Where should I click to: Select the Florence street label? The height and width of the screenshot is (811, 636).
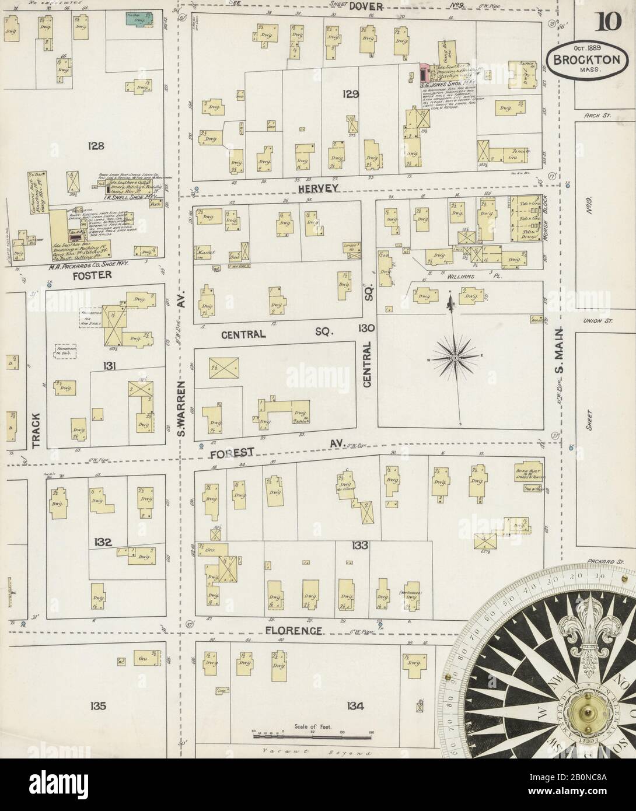pos(293,631)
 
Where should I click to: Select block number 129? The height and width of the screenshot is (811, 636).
pos(351,93)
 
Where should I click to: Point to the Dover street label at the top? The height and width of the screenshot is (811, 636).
pos(366,6)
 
